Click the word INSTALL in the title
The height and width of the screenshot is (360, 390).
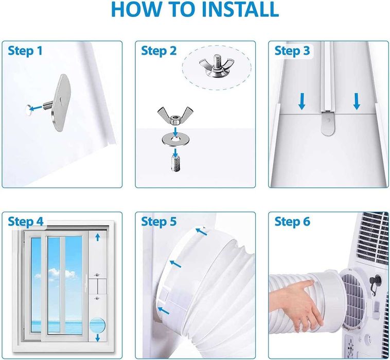(x=240, y=9)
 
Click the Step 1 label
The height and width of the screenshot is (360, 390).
(x=25, y=51)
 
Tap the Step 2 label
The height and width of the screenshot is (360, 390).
(x=158, y=51)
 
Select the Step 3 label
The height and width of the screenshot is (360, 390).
(x=292, y=51)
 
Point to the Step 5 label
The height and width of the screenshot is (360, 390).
(x=158, y=221)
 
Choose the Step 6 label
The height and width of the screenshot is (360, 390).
(x=292, y=221)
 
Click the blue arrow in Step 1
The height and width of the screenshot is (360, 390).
(x=36, y=108)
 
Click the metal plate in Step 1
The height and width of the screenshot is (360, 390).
(x=60, y=102)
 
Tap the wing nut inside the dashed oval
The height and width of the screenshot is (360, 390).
(x=214, y=65)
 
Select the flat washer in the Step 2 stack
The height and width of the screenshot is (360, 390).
(x=175, y=140)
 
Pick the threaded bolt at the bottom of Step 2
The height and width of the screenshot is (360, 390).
(x=175, y=163)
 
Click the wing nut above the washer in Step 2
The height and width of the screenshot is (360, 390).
(x=175, y=115)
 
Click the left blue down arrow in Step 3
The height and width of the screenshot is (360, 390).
(x=302, y=101)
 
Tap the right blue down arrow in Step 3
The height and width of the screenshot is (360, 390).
(x=357, y=101)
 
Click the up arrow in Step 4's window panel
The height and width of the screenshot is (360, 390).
(x=98, y=237)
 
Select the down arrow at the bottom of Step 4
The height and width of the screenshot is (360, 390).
(x=98, y=338)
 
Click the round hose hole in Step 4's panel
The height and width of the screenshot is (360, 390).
(x=98, y=325)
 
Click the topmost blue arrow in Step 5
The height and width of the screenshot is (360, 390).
(x=201, y=232)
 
